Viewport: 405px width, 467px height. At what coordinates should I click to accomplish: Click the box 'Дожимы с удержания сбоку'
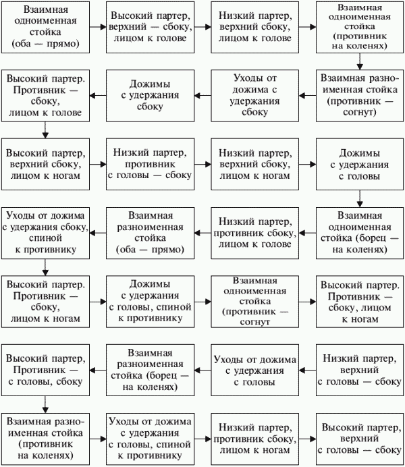151,96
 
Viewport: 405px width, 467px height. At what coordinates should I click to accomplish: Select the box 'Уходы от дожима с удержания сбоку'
255,96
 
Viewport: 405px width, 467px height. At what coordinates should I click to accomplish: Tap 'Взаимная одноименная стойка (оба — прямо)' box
46,27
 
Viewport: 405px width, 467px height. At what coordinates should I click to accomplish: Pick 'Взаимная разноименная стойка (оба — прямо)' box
151,233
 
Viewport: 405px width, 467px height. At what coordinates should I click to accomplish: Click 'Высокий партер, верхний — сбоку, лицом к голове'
151,27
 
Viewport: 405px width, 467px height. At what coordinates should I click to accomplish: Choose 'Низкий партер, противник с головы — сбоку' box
151,164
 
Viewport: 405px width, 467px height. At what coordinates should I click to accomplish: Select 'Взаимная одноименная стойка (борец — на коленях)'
360,233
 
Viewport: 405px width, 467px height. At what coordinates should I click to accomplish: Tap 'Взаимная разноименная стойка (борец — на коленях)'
151,370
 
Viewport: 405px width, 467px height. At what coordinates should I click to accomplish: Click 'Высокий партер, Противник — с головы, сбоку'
46,370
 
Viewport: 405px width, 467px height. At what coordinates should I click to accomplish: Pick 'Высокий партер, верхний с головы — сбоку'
360,439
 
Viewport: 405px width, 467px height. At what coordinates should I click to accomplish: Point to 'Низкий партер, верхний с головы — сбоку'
360,370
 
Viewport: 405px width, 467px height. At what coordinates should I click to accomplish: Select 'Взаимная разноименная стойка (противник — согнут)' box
360,96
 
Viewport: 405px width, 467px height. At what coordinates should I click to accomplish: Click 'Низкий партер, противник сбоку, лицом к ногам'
255,439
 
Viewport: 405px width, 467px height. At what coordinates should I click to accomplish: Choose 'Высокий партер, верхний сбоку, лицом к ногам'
46,164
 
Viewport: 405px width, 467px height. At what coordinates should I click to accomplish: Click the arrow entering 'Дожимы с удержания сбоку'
202,96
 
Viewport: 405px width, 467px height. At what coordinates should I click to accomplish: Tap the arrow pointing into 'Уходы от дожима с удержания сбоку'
308,96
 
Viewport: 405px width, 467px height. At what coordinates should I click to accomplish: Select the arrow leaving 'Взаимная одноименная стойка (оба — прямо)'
98,27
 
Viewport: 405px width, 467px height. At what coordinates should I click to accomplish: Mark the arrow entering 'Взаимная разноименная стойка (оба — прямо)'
202,233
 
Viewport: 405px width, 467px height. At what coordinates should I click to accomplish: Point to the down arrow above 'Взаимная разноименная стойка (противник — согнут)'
360,61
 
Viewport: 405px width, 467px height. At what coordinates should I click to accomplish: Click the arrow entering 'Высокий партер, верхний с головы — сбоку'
308,439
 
